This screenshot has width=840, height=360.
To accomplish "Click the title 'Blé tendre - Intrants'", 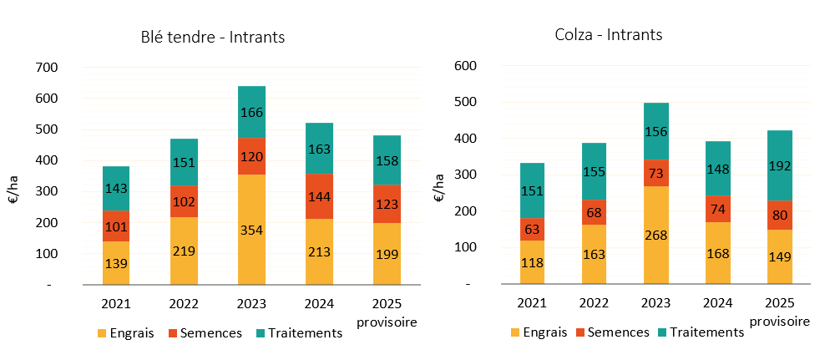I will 212,38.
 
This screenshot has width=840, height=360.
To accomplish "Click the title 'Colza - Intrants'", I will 609,35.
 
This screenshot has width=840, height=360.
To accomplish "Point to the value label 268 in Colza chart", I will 655,235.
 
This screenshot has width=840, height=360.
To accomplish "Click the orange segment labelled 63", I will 532,229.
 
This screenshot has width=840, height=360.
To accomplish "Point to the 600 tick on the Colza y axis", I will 465,66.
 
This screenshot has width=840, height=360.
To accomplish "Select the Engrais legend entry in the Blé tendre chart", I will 126,333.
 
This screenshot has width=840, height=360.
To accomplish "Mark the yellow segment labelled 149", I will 779,256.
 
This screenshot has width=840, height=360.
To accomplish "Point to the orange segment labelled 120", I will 251,156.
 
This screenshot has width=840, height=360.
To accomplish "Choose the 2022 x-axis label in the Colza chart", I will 594,302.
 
